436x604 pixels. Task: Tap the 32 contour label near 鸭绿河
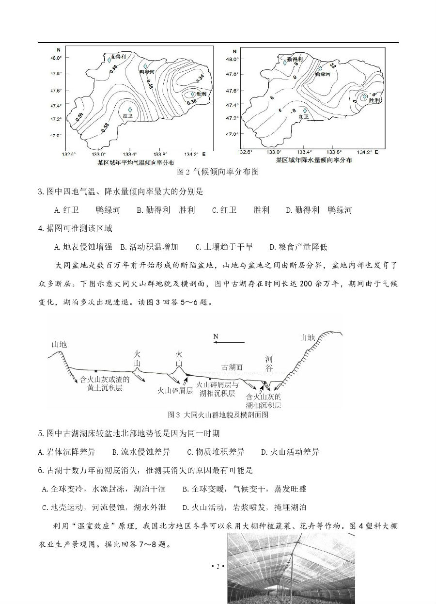332,65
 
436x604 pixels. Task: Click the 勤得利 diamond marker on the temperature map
109,61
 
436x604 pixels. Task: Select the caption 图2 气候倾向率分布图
218,172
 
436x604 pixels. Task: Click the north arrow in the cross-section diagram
229,342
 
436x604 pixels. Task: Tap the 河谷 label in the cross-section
269,364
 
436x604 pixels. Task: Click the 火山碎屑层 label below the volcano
175,390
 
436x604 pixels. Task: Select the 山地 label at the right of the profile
308,337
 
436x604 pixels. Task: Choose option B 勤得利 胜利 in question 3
166,210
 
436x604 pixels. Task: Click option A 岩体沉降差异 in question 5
66,452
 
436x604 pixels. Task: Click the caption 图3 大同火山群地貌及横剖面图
218,414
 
